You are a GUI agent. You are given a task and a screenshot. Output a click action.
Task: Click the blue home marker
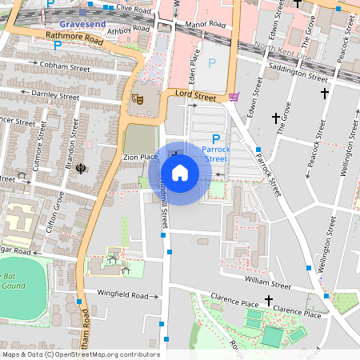tap(180, 172)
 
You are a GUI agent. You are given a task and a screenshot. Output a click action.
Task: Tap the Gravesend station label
tap(82, 24)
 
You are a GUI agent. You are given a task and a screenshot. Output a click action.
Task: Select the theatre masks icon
tap(137, 99)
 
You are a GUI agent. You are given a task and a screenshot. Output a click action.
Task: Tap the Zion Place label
tap(140, 157)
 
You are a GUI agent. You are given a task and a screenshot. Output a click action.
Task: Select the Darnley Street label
tap(52, 94)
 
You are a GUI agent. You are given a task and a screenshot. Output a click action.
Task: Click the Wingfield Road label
tap(124, 295)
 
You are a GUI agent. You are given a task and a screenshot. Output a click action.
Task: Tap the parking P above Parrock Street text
tap(216, 138)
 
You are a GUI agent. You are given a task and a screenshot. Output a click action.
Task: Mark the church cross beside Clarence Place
tap(290, 298)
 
